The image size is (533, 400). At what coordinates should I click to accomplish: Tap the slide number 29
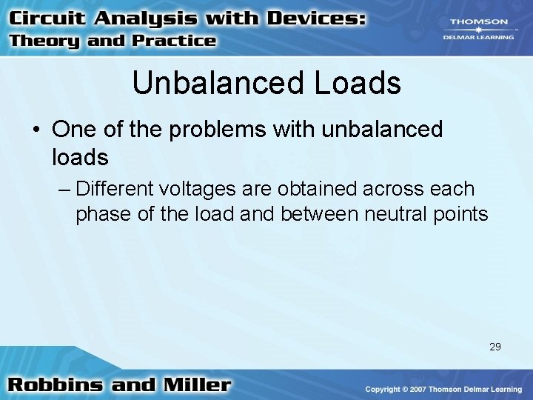tap(495, 346)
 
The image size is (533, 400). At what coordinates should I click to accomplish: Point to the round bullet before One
tap(36, 130)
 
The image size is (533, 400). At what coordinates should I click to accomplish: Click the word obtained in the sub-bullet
tap(318, 189)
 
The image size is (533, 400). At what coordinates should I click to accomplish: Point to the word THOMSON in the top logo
tap(479, 22)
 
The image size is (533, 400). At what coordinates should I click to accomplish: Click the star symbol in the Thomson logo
tap(479, 30)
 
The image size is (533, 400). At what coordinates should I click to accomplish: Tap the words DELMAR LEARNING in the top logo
tap(479, 37)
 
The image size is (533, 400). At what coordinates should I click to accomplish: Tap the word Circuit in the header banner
tap(47, 18)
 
